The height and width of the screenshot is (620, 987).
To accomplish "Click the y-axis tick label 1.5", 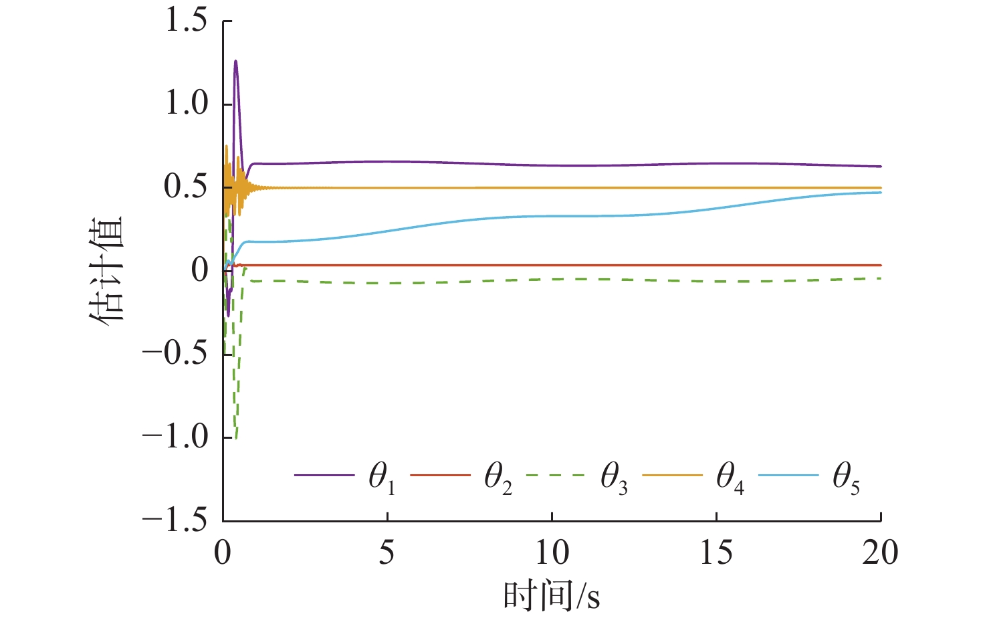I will pyautogui.click(x=187, y=21).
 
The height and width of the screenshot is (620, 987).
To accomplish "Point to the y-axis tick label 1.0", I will pyautogui.click(x=187, y=104).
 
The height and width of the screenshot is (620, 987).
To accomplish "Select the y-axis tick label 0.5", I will pyautogui.click(x=187, y=187).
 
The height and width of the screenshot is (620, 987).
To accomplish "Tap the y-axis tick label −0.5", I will pyautogui.click(x=175, y=354).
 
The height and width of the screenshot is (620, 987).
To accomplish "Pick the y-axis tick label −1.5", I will pyautogui.click(x=175, y=520).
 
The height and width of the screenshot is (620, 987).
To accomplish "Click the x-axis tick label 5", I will pyautogui.click(x=387, y=553).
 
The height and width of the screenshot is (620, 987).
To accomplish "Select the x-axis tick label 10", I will pyautogui.click(x=552, y=553).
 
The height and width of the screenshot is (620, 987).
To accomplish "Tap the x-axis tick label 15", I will pyautogui.click(x=716, y=553).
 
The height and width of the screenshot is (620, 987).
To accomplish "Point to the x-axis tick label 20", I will pyautogui.click(x=880, y=553).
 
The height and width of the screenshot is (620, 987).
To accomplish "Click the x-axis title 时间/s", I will pyautogui.click(x=552, y=595).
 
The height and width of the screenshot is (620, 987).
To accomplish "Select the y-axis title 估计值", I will pyautogui.click(x=107, y=270).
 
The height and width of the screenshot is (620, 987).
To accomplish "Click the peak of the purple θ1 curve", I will pyautogui.click(x=235, y=62).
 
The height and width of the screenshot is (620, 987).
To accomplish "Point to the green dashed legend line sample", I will pyautogui.click(x=555, y=476).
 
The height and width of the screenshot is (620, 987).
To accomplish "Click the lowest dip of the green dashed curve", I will pyautogui.click(x=235, y=438).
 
